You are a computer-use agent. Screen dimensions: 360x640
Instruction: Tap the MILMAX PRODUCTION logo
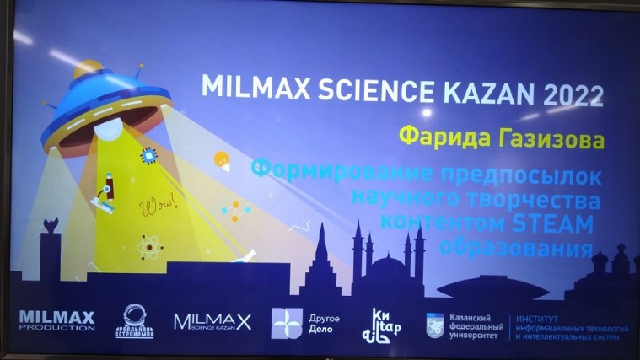pyautogui.click(x=56, y=320)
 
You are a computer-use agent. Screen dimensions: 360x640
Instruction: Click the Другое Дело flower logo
pyautogui.click(x=286, y=322)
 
